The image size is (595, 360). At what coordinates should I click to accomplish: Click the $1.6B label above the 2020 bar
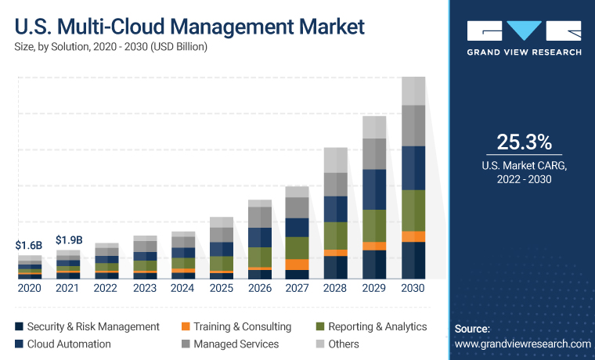tap(29, 245)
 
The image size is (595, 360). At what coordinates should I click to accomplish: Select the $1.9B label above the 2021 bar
tap(68, 239)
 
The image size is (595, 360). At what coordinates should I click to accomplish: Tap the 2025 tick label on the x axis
tap(222, 288)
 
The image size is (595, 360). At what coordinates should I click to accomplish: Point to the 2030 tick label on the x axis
tap(413, 288)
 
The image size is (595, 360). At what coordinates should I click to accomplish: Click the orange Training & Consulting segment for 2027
tap(297, 265)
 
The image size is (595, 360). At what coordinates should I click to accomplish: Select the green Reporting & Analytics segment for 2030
tap(413, 211)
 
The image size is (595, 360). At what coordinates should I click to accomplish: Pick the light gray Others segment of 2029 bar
tap(375, 127)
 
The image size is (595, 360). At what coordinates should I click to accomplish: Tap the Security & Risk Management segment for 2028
tap(336, 267)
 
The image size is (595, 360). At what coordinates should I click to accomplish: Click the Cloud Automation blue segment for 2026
tap(259, 237)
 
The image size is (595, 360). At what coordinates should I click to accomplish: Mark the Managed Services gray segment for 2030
tap(413, 125)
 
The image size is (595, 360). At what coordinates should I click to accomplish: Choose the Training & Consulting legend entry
tap(236, 326)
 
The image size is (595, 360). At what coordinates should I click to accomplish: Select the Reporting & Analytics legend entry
tap(371, 326)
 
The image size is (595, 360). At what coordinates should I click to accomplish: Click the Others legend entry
tap(337, 344)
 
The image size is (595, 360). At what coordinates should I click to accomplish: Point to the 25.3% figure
tap(524, 142)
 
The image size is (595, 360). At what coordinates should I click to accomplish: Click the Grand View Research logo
tap(524, 38)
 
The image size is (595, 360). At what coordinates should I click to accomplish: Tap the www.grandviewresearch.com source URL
tap(522, 344)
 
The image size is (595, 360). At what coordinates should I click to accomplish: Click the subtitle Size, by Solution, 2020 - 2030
tap(110, 47)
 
